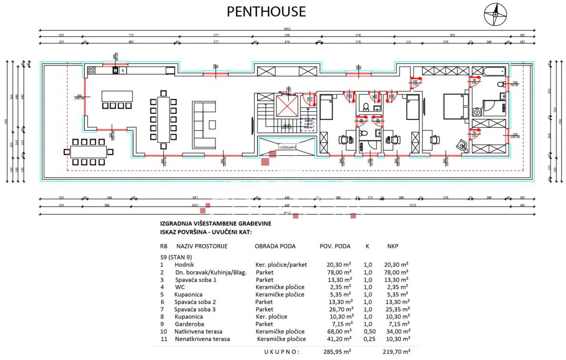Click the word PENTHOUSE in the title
266,11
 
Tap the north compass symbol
495,14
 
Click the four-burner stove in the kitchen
91,71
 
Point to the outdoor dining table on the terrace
88,151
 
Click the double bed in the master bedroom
456,107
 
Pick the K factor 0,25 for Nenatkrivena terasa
367,339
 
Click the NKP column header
392,246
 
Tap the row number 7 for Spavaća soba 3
162,309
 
